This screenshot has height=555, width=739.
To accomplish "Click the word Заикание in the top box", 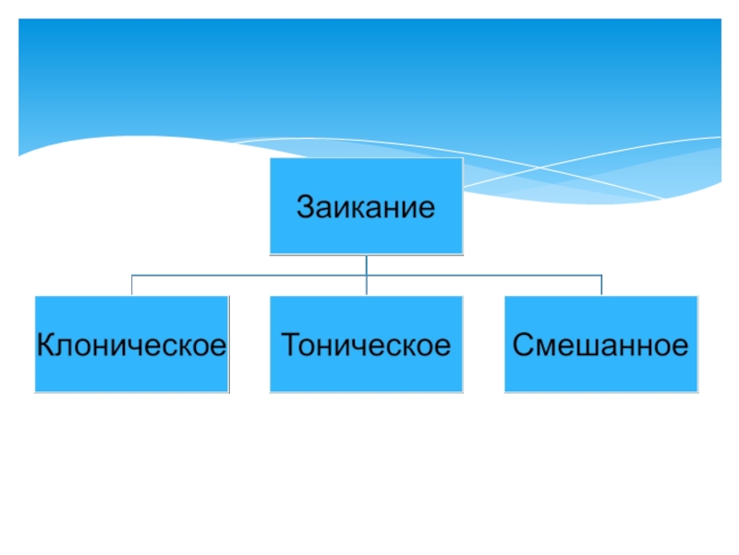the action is (365, 205).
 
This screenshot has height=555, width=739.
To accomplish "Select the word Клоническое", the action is (131, 346).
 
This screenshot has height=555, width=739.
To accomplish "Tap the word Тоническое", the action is (365, 346).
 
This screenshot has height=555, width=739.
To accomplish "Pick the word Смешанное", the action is (600, 346).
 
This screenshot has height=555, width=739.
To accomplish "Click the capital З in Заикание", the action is (304, 205).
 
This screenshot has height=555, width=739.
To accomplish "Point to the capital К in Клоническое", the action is (43, 346).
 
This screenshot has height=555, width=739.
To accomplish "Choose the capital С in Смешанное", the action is (521, 346).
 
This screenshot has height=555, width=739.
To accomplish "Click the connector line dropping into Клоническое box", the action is (131, 285).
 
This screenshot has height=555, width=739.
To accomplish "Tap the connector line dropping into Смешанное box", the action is (601, 285).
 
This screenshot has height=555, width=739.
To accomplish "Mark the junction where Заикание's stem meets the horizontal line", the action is (366, 275).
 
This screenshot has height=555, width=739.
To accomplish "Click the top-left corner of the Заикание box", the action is (270, 158).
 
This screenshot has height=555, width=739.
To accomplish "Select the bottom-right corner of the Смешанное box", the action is (697, 390).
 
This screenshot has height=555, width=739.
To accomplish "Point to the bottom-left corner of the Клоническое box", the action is (35, 390).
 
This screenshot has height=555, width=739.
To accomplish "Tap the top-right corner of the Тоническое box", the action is (462, 297).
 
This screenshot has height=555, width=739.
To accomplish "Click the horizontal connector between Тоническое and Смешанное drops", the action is (484, 275).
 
